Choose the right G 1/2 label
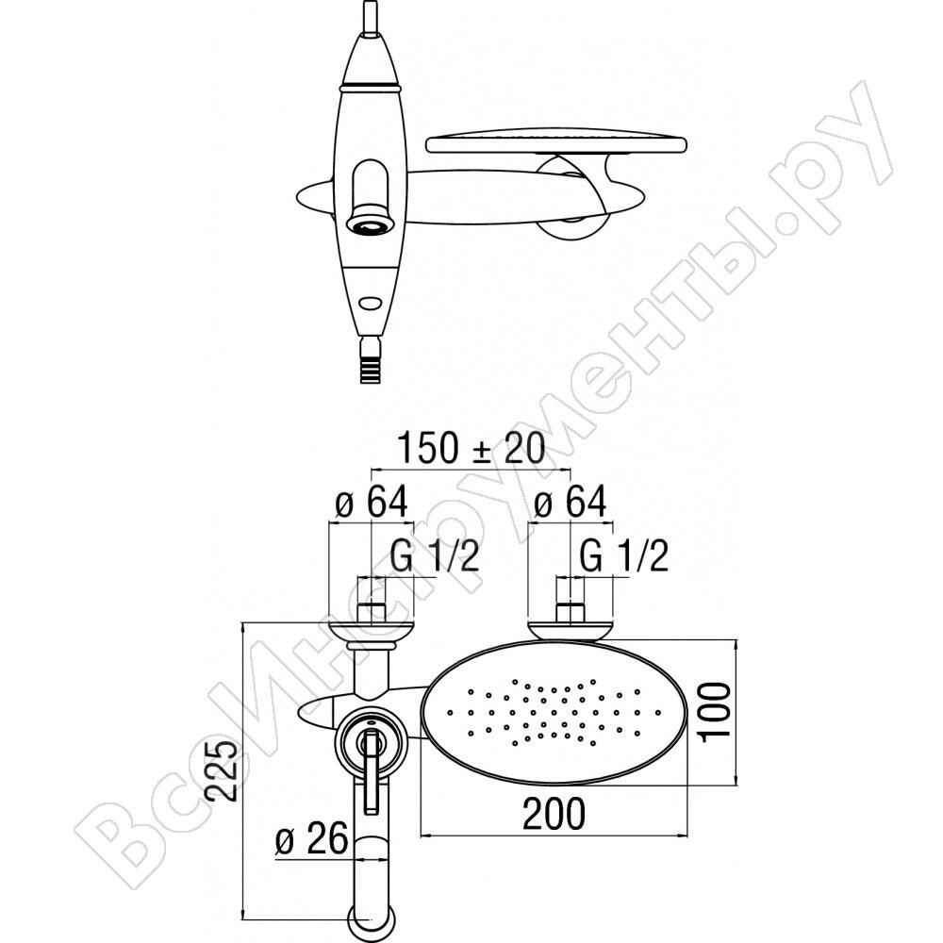tap(623, 555)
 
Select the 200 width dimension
tap(554, 813)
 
